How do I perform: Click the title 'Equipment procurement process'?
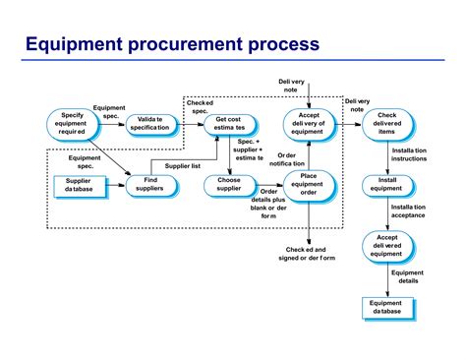click(x=171, y=44)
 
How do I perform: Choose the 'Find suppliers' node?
click(x=150, y=185)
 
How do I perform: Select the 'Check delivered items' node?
click(x=386, y=124)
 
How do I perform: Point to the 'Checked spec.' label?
click(x=200, y=107)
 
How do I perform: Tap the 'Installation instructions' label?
click(x=409, y=153)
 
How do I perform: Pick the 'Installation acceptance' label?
click(x=409, y=213)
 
